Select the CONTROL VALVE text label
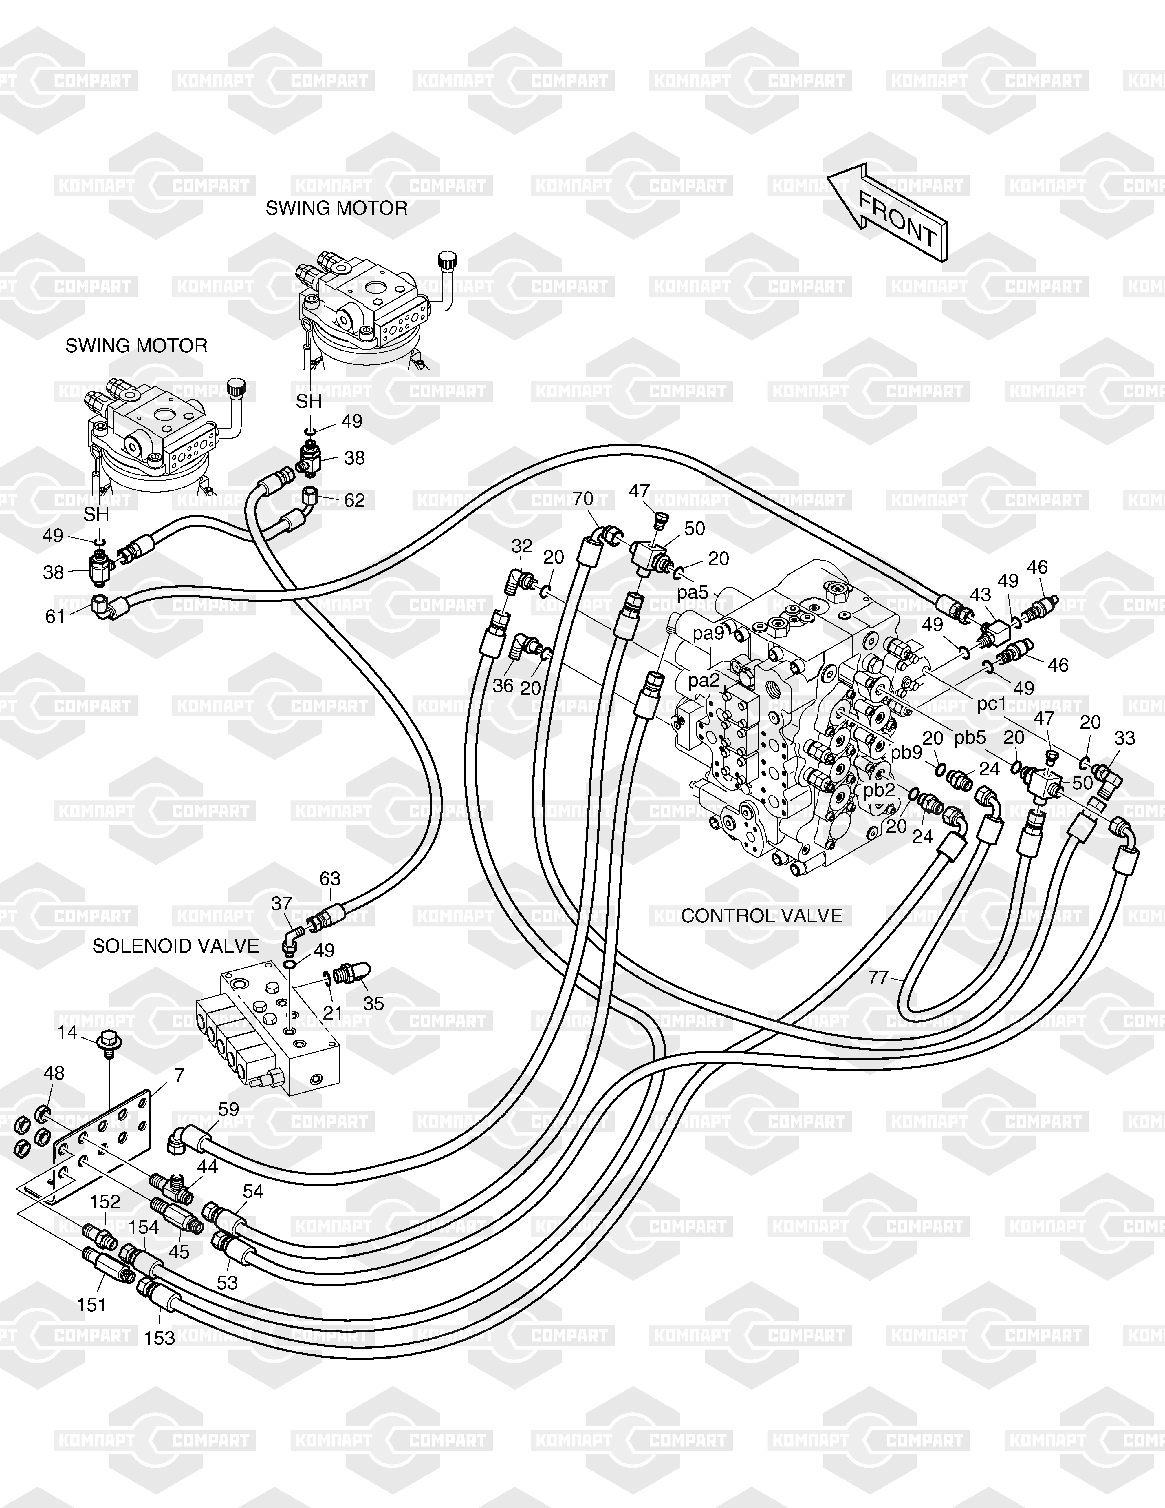point(761,916)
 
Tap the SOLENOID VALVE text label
point(175,946)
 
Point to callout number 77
point(878,977)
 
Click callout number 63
point(330,878)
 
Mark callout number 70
point(582,499)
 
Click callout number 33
point(1124,738)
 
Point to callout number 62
point(354,500)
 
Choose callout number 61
point(55,616)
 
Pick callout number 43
point(980,595)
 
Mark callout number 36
point(503,685)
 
